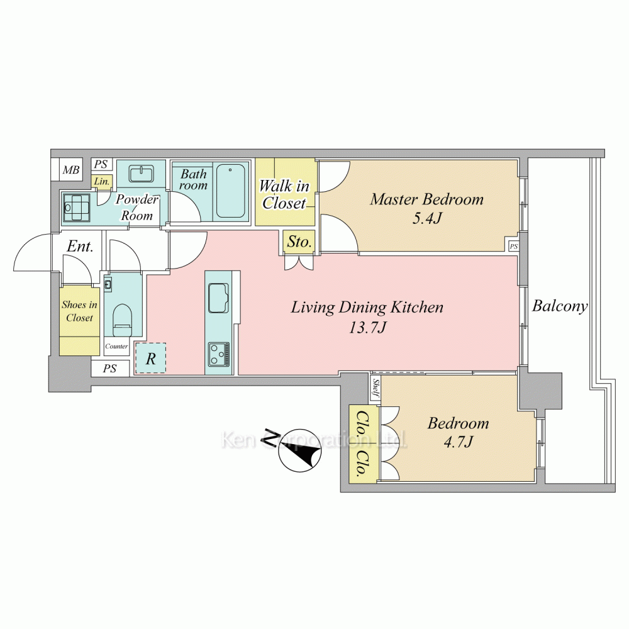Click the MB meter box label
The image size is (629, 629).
71,170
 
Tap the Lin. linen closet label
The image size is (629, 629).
101,182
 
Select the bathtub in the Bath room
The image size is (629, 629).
231,191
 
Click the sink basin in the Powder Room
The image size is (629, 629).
141,174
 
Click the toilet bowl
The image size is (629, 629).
123,320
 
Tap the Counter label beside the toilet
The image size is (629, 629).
116,346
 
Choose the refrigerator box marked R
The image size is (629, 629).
150,359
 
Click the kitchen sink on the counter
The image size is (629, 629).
219,298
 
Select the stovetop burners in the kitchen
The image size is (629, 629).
219,353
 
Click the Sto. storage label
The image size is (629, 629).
299,242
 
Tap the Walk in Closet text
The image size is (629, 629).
284,194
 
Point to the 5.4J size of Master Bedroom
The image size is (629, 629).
427,219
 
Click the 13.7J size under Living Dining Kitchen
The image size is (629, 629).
367,328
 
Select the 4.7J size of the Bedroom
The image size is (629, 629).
458,442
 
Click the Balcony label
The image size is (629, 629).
560,306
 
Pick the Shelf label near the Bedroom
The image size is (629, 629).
376,388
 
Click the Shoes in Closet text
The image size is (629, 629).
79,311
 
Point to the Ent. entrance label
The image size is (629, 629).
81,247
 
